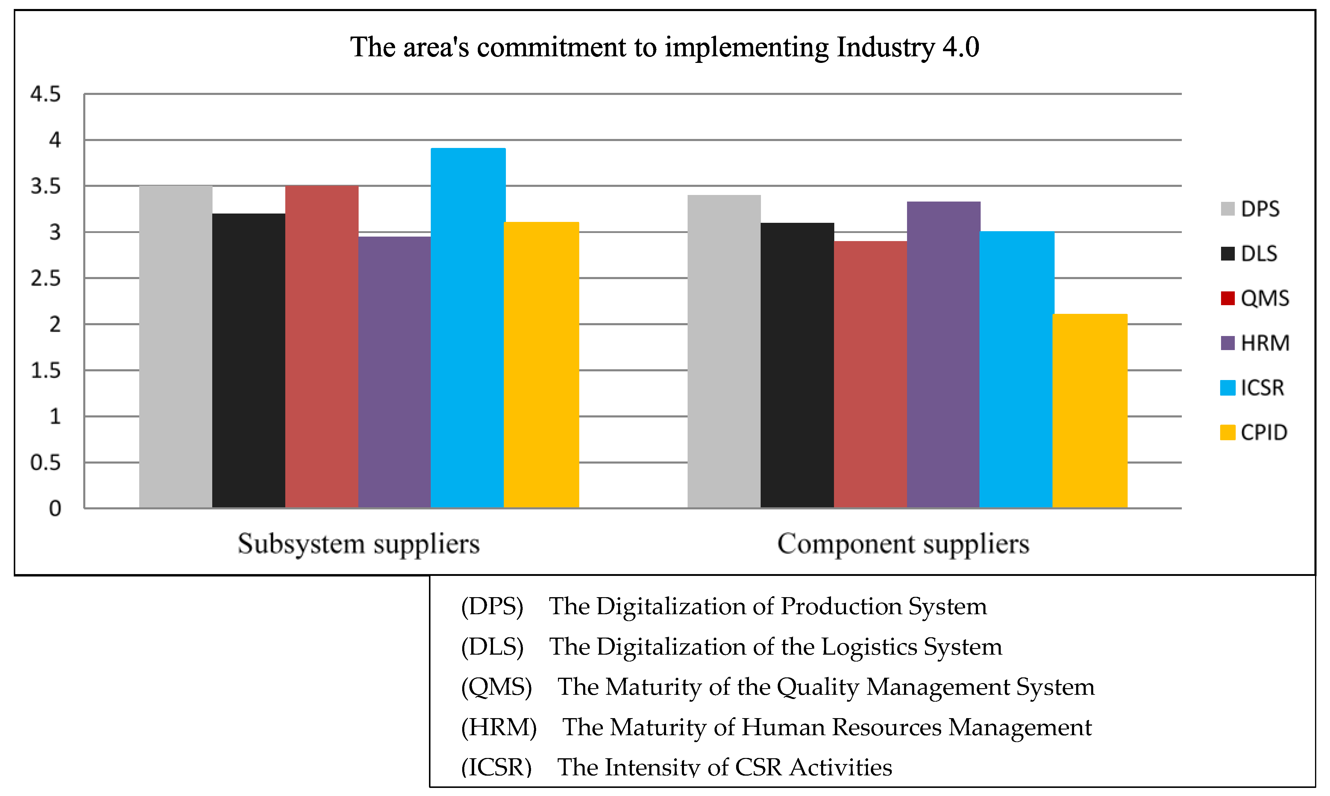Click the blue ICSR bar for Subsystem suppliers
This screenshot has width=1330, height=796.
pos(468,328)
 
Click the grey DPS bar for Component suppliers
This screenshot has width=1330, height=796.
pos(724,351)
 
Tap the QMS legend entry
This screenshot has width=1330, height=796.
pos(1254,298)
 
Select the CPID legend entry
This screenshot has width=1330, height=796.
pos(1253,432)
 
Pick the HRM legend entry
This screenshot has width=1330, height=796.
pos(1254,343)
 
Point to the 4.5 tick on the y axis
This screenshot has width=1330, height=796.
pos(46,94)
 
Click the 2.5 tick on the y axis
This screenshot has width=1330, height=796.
pos(46,279)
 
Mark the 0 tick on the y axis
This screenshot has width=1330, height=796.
pos(55,509)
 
